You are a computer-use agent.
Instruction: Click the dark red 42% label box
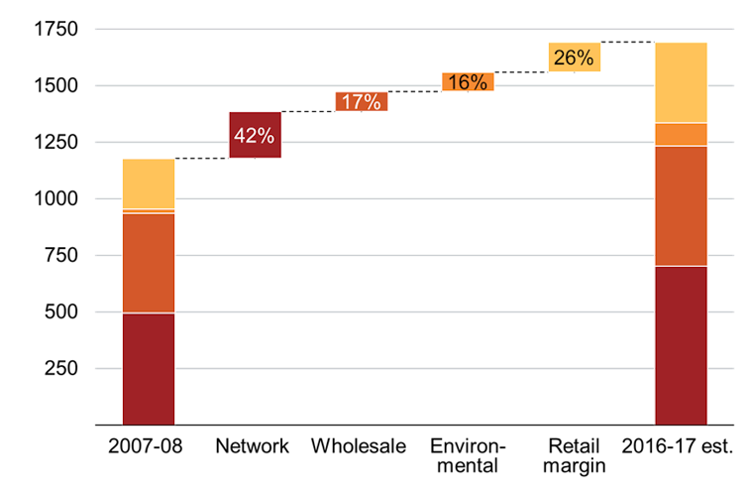255,135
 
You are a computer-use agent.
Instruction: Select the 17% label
362,101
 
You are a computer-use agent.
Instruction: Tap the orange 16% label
468,82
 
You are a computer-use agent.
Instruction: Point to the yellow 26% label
574,58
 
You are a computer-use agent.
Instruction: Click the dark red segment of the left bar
149,368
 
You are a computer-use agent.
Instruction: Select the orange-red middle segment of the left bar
149,263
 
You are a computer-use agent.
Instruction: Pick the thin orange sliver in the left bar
149,211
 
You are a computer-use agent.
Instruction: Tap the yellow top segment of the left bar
149,184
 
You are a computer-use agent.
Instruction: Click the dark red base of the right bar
681,344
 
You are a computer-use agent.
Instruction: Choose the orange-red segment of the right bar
681,205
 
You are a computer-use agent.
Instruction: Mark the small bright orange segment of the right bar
681,134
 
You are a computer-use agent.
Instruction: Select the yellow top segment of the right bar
681,82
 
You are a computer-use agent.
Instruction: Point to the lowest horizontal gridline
396,368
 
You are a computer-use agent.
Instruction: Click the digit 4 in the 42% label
241,136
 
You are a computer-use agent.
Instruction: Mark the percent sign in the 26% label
587,58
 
